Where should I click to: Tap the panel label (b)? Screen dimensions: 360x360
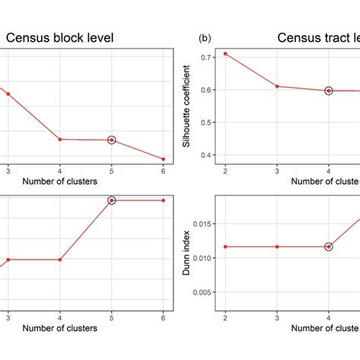(x=204, y=37)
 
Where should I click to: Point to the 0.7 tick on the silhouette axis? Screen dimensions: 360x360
(x=206, y=58)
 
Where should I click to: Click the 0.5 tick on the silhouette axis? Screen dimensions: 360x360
(x=206, y=122)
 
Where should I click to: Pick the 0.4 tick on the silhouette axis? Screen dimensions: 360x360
(x=206, y=155)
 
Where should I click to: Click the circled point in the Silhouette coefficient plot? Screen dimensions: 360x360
(x=329, y=90)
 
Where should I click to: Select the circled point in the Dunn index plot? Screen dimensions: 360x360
(x=329, y=247)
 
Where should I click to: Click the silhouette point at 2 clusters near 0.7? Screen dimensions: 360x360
(x=225, y=54)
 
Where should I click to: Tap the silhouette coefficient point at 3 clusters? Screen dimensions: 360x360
(x=277, y=87)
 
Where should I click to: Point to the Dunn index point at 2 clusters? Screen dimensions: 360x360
(x=225, y=247)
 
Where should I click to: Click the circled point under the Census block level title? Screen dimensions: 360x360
(x=112, y=140)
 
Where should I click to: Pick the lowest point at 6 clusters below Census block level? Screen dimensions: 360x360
(x=163, y=159)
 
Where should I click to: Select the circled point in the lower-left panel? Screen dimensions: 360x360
(x=112, y=201)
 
